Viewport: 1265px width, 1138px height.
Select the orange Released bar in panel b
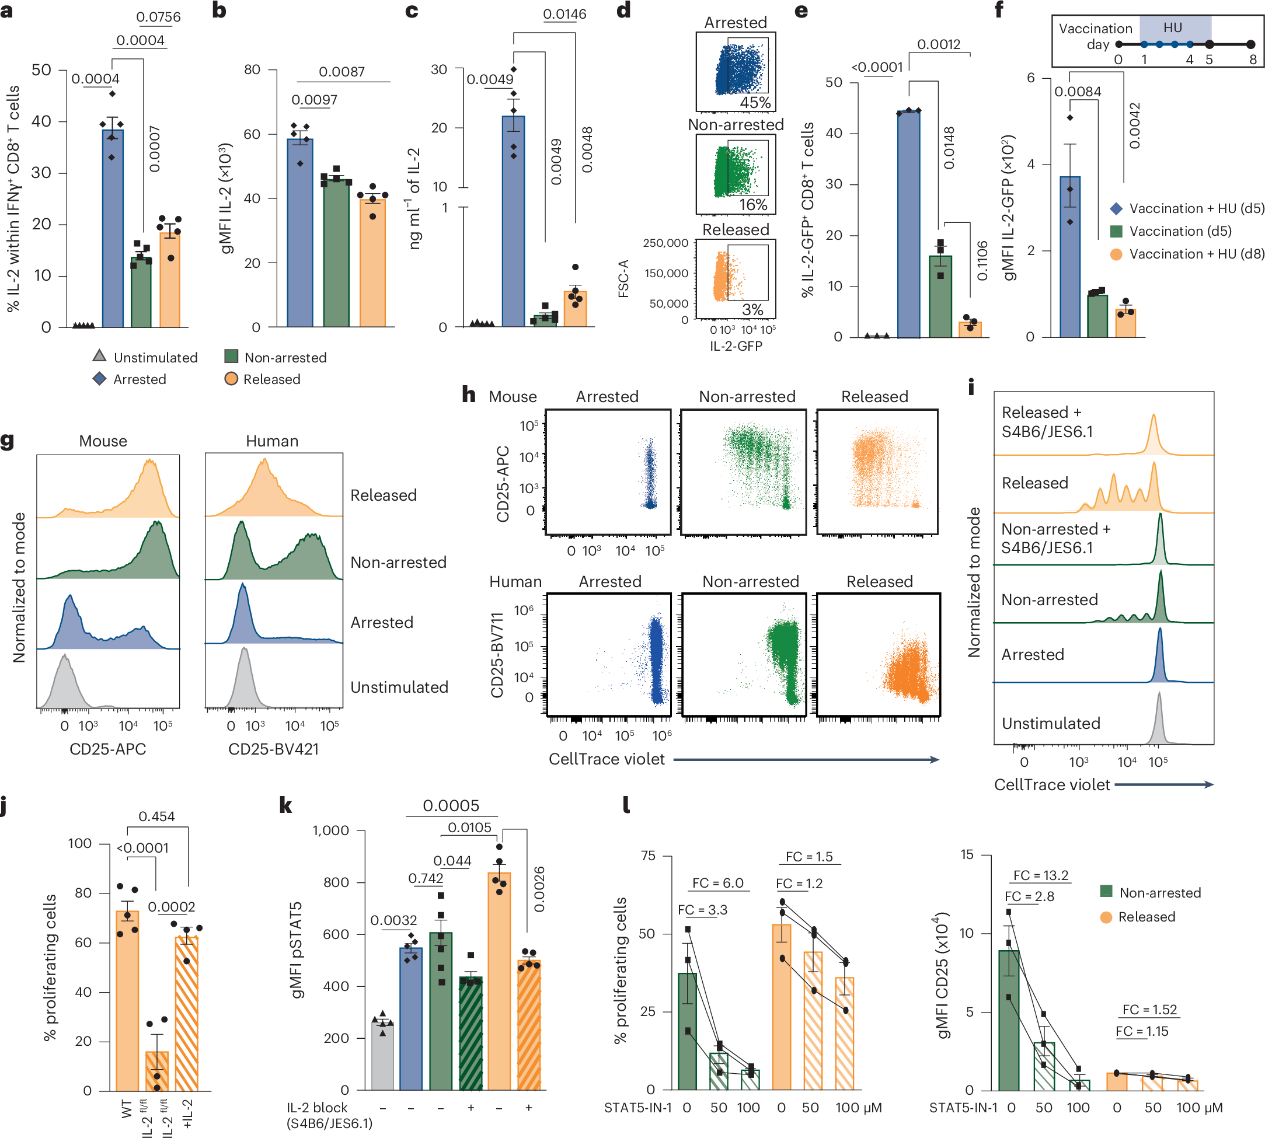pyautogui.click(x=372, y=263)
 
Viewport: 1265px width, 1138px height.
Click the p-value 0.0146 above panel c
pyautogui.click(x=564, y=14)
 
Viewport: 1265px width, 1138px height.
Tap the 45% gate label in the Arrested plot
pyautogui.click(x=755, y=103)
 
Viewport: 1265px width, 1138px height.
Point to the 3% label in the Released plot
pyautogui.click(x=752, y=309)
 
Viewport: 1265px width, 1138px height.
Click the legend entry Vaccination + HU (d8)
pyautogui.click(x=1196, y=254)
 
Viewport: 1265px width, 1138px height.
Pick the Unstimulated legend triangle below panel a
pyautogui.click(x=99, y=357)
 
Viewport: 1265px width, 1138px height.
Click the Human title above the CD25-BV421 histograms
pyautogui.click(x=272, y=441)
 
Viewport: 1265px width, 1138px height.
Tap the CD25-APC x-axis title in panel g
pyautogui.click(x=107, y=749)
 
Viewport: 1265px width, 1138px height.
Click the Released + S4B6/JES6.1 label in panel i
pyautogui.click(x=1047, y=421)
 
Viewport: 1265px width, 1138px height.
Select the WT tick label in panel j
pyautogui.click(x=127, y=1109)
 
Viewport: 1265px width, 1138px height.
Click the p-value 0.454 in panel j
pyautogui.click(x=156, y=816)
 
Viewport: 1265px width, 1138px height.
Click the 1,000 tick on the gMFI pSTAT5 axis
pyautogui.click(x=330, y=830)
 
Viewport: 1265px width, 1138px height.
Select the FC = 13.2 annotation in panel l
pyautogui.click(x=1040, y=875)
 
